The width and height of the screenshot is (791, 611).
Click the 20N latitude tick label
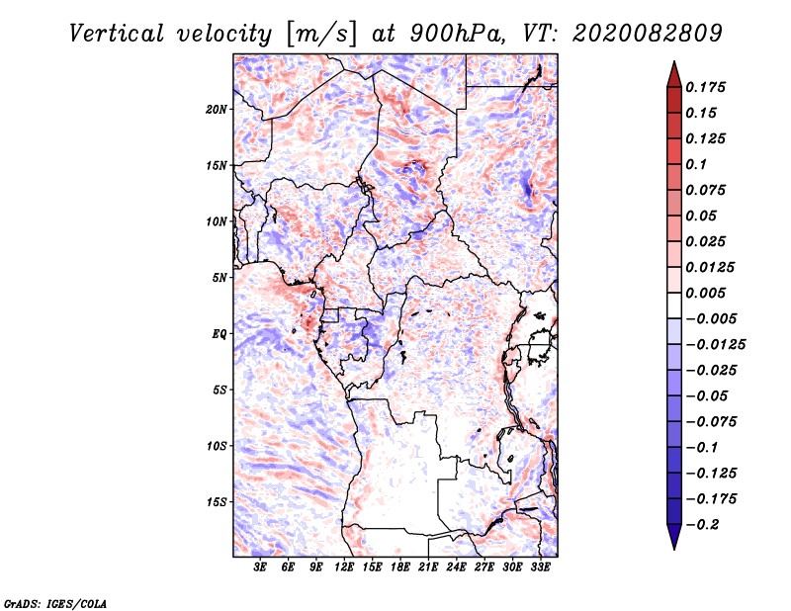(218, 109)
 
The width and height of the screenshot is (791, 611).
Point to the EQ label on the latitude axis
(220, 334)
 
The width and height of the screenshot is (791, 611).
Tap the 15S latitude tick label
(218, 502)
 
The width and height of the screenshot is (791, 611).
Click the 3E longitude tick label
(261, 568)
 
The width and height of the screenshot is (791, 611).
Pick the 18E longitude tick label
(400, 568)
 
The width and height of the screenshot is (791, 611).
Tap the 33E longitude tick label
(540, 568)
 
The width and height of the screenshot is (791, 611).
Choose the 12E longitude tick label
(345, 568)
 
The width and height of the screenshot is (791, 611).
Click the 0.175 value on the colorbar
(707, 87)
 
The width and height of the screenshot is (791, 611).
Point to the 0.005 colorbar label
(707, 294)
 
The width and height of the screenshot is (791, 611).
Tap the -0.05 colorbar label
(709, 395)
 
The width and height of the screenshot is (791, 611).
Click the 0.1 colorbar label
(698, 164)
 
